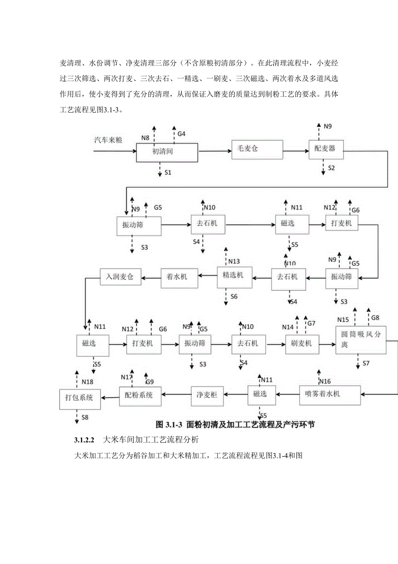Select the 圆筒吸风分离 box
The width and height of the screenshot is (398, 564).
pos(361,341)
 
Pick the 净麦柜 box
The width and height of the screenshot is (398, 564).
pos(207,394)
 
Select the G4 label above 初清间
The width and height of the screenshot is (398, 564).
pos(181,134)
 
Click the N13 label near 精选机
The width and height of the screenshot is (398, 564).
pos(234,261)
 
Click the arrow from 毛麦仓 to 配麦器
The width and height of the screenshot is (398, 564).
pos(296,151)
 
